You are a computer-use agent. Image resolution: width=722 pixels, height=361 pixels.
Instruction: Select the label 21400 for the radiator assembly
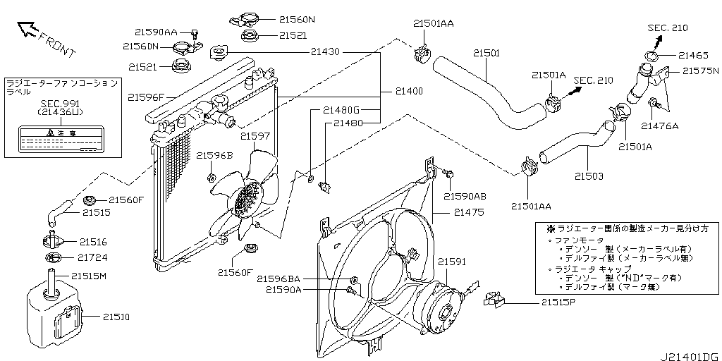(409, 92)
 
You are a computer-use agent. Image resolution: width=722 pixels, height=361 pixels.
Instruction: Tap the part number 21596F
(147, 97)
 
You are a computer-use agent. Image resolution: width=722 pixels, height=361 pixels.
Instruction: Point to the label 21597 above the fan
(255, 136)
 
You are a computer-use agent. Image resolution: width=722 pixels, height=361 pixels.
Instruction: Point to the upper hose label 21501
(486, 53)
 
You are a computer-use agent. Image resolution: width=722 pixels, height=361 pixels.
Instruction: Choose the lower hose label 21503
(589, 176)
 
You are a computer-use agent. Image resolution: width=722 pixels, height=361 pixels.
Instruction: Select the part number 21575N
(700, 71)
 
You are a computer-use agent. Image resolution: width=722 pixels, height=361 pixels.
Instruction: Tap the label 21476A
(659, 126)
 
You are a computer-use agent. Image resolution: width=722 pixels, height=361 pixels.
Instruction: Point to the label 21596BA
(279, 278)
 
